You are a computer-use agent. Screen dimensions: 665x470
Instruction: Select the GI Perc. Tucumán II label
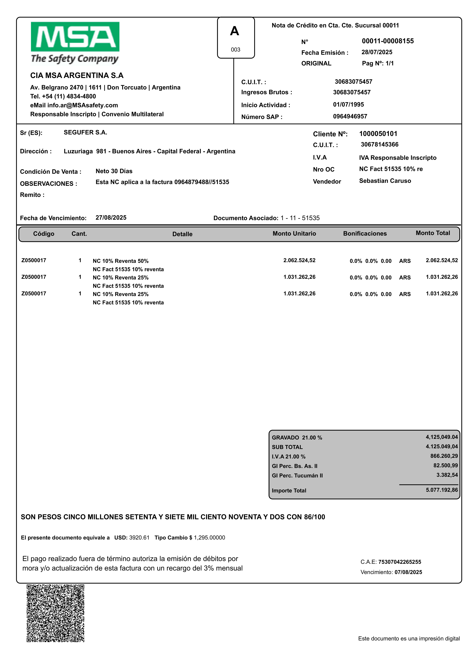tap(297, 476)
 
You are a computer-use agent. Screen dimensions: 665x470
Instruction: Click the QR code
tap(56, 613)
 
